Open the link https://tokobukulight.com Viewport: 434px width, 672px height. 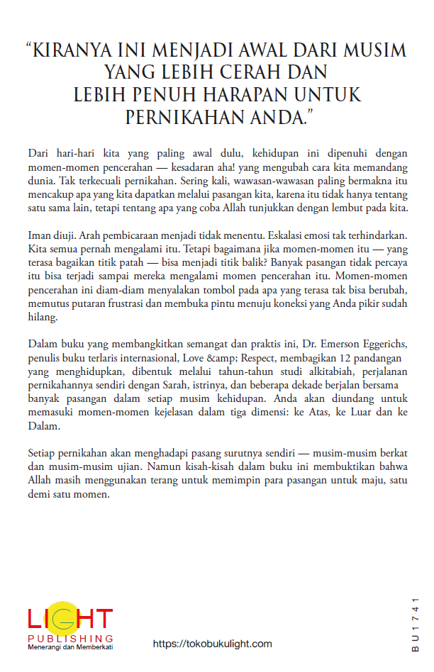coord(213,644)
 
